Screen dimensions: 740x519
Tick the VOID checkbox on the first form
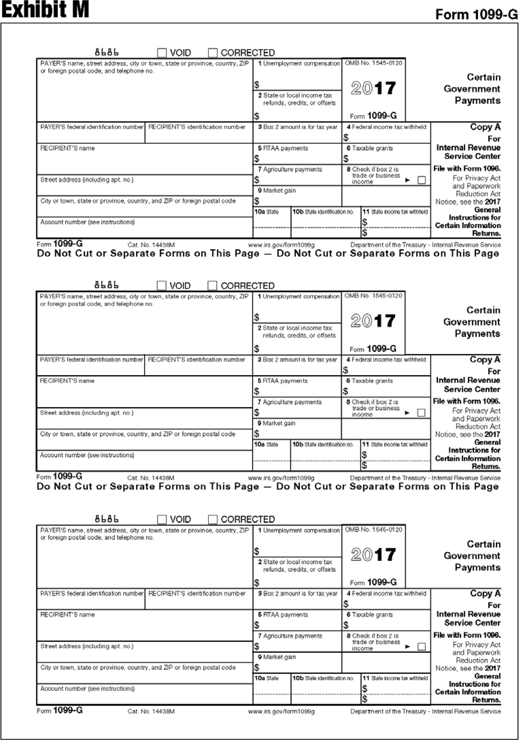coord(162,52)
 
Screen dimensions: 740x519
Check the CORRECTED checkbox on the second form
coord(212,286)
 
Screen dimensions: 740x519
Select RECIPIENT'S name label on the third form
coord(68,615)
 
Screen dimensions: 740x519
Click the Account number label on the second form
coord(87,455)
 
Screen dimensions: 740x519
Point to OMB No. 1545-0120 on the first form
coord(374,63)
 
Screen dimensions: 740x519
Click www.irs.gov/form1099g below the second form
coord(281,478)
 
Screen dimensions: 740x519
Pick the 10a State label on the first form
coord(267,212)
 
